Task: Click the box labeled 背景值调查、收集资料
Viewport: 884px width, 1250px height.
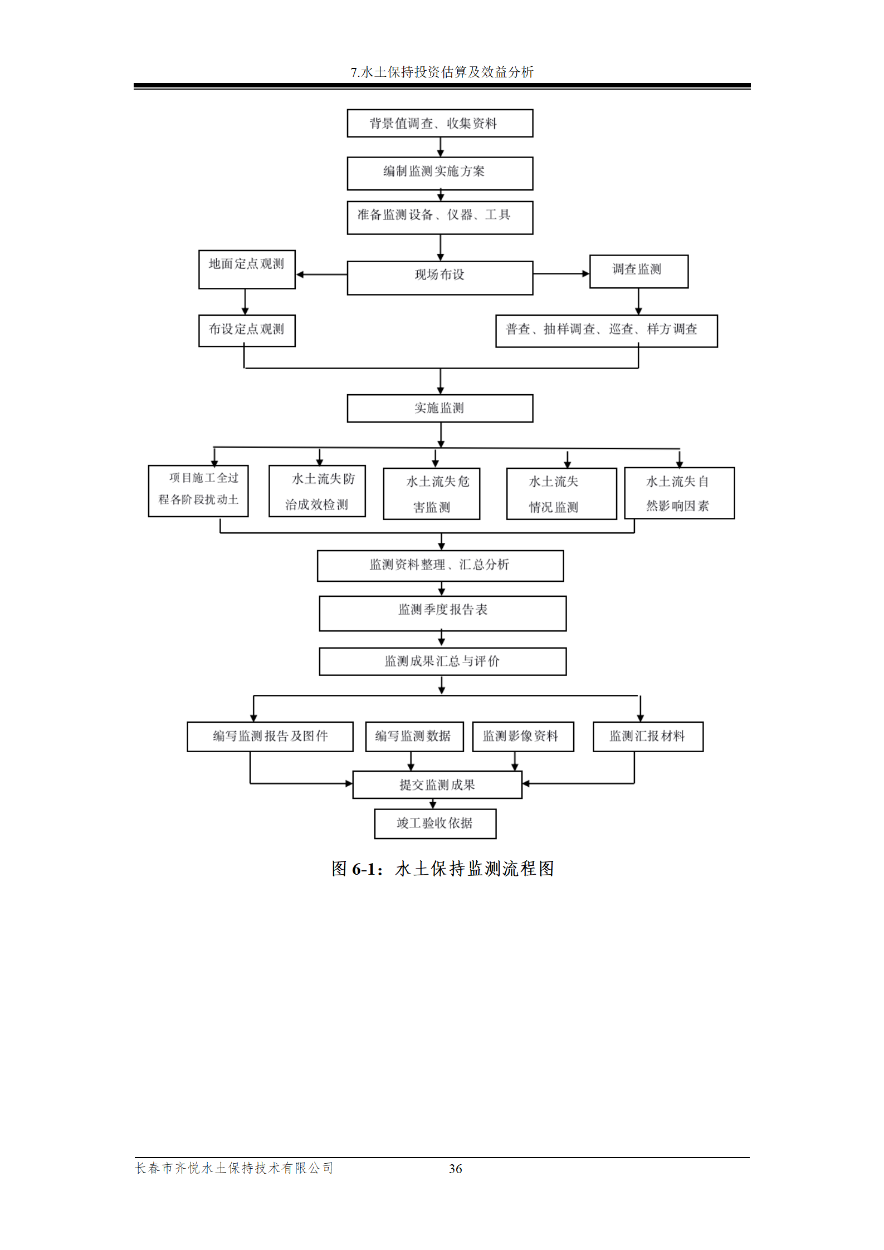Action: [439, 123]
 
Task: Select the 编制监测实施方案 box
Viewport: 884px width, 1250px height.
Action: [439, 173]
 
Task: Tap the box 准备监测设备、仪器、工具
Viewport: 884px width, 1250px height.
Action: [439, 217]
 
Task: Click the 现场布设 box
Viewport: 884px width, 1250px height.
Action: [439, 277]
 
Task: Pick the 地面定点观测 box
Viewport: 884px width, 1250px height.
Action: [247, 269]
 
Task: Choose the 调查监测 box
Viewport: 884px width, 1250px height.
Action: [638, 271]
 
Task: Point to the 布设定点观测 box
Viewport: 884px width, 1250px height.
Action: [247, 330]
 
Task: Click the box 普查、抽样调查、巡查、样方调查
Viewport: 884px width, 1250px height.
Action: [606, 331]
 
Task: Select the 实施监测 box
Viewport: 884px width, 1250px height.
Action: [439, 408]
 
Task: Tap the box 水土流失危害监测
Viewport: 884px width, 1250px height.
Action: [431, 493]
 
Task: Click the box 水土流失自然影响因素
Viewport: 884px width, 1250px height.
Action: [679, 493]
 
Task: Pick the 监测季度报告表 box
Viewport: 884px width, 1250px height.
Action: [442, 613]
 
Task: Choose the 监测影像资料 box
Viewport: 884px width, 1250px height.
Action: [522, 736]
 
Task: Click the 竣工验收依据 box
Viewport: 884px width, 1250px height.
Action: [435, 823]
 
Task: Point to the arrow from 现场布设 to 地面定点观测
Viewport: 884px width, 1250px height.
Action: [321, 274]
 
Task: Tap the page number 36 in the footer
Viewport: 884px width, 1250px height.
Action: [455, 1168]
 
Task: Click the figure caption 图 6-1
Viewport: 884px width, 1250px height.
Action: [442, 868]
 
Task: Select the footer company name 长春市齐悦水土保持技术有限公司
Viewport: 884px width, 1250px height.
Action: [234, 1168]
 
